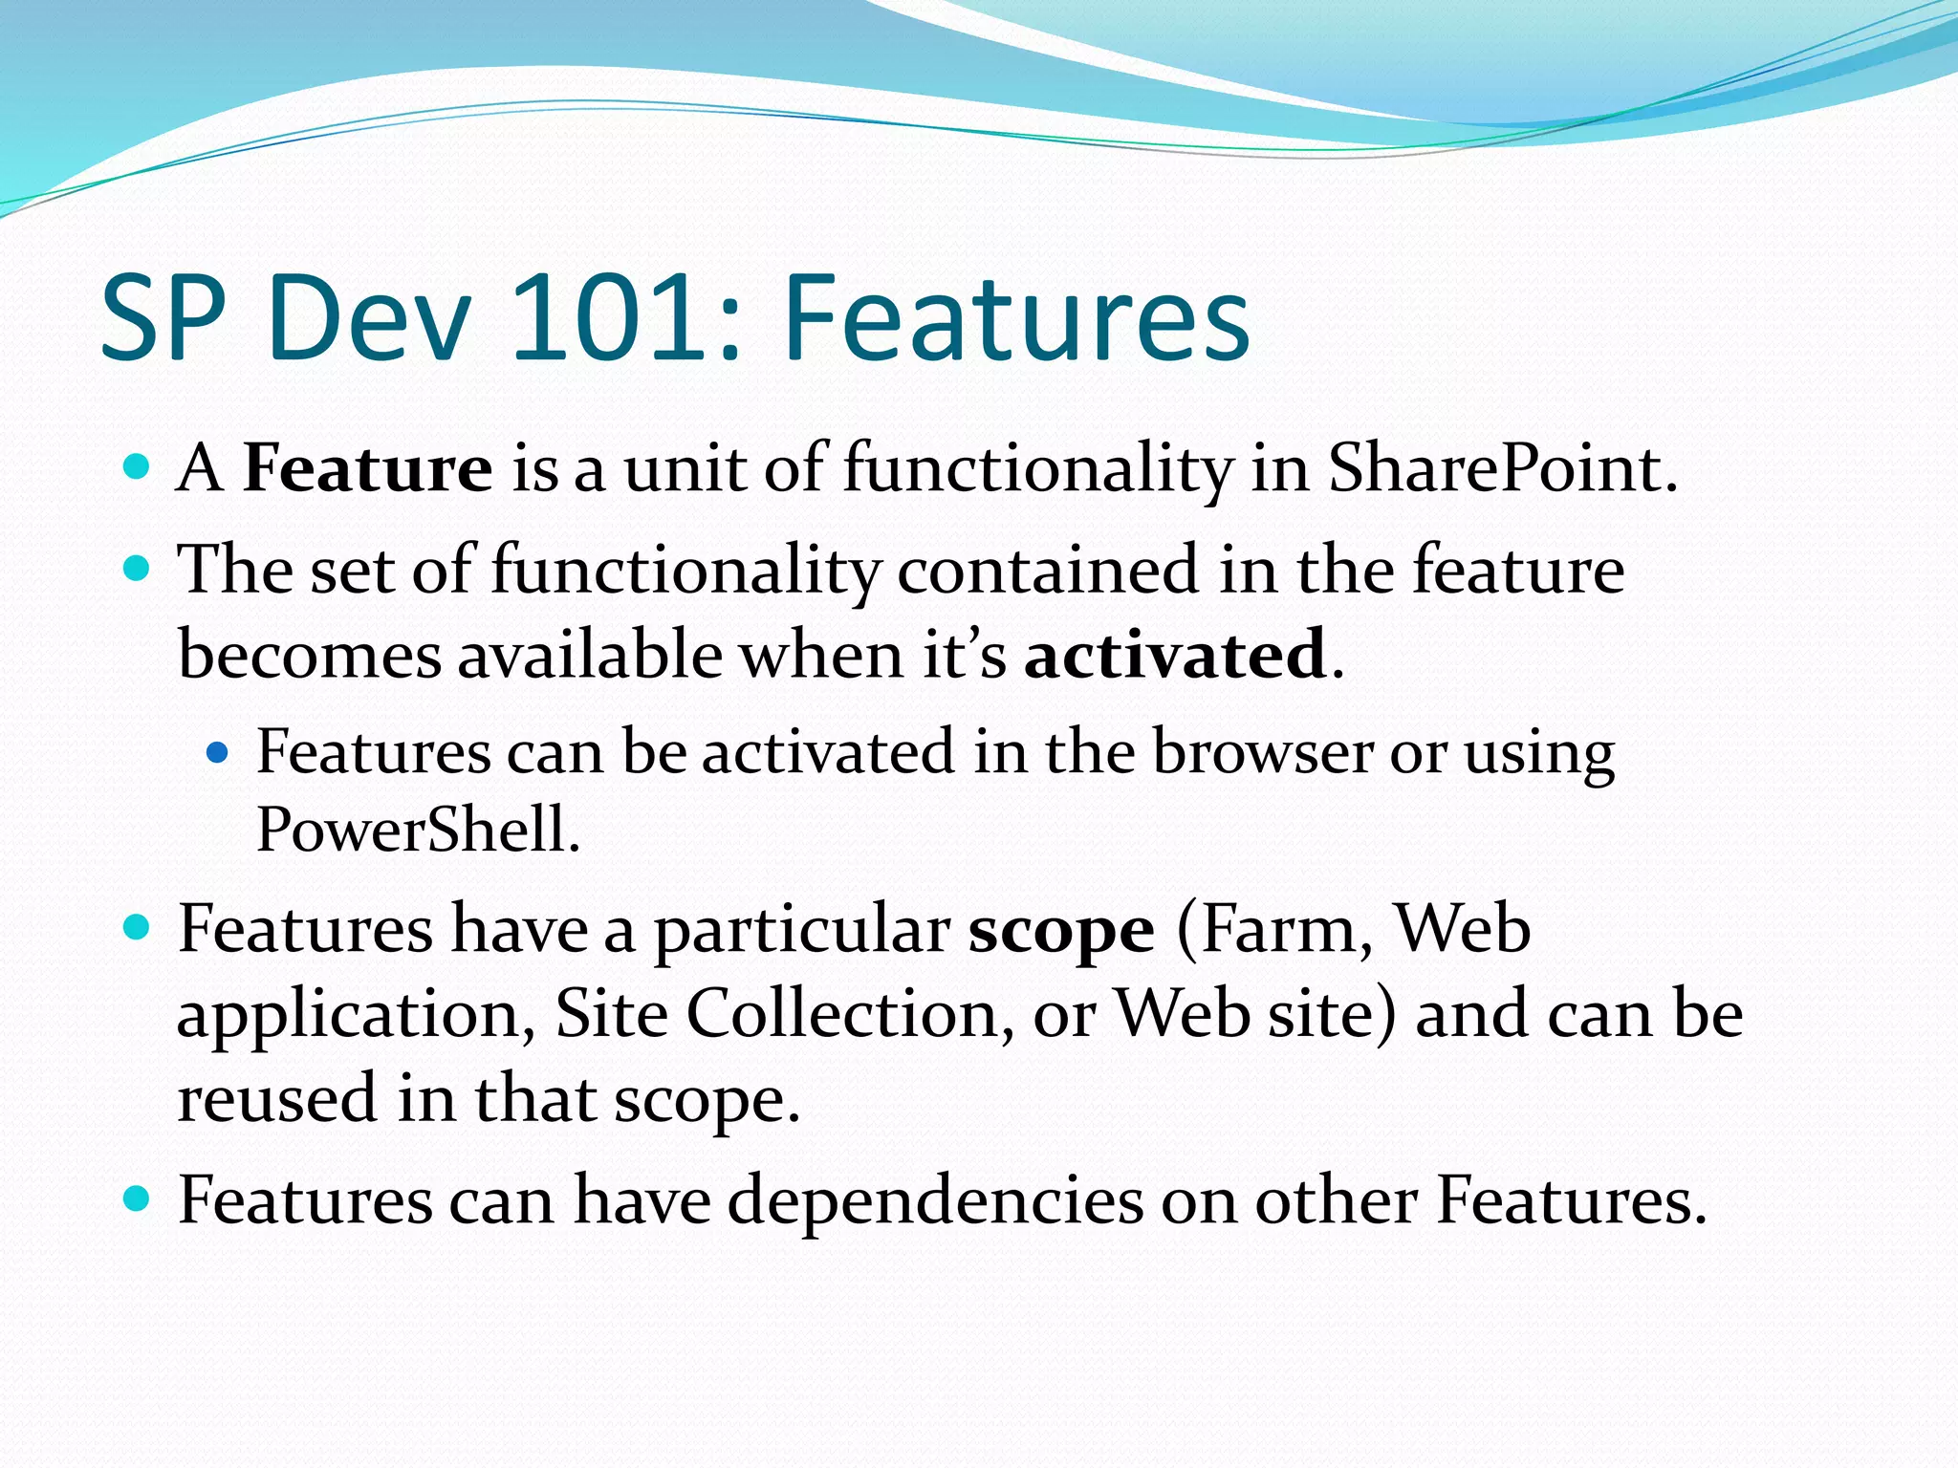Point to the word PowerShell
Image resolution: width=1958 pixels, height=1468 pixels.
coord(418,829)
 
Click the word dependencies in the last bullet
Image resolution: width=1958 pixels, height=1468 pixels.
coord(934,1200)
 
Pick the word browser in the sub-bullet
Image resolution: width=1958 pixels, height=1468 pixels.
coord(1262,751)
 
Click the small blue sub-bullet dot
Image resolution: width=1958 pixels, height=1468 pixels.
coord(218,753)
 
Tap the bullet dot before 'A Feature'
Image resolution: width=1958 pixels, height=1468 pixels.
coord(138,467)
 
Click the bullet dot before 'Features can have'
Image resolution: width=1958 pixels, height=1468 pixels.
coord(138,1198)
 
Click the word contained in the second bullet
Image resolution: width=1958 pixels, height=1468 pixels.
coord(1047,570)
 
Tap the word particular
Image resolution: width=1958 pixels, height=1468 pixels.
coord(801,929)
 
